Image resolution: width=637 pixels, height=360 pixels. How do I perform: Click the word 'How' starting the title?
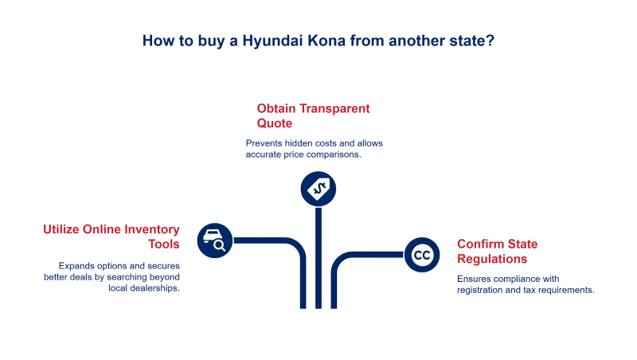click(154, 41)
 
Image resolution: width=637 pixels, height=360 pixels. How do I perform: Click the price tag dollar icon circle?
click(318, 189)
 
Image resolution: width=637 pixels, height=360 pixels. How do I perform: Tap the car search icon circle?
click(214, 240)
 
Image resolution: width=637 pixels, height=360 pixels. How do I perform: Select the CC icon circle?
click(422, 255)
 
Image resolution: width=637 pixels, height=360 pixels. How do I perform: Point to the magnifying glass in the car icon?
click(220, 245)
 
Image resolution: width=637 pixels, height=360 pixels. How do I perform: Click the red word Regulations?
click(491, 260)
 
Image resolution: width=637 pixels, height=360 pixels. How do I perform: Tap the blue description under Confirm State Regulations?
click(524, 284)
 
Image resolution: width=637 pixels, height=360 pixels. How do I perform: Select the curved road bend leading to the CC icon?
click(340, 262)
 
